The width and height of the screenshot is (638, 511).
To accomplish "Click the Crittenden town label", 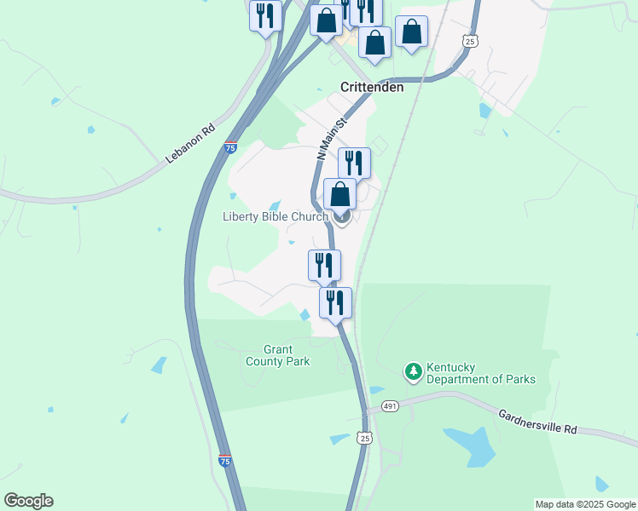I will pos(372,87).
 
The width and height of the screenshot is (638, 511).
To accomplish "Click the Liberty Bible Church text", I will pos(275,216).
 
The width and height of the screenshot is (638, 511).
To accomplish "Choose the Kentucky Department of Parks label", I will pos(481,371).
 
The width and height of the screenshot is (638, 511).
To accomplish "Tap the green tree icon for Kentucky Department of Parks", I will pos(413,371).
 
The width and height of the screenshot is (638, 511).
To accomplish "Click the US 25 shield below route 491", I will pos(365,438).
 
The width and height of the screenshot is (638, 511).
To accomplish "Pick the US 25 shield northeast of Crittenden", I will pos(469,40).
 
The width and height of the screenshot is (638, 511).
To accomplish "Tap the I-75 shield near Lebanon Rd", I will pos(230,147).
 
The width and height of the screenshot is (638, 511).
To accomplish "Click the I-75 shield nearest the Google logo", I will pos(224,460).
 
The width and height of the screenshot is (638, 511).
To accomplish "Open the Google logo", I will pos(28,500).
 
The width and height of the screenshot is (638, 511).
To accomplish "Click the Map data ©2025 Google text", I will pos(585,504).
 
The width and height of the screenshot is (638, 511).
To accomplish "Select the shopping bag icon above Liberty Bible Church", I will pos(339,193).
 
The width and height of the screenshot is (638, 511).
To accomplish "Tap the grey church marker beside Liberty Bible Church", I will pos(342,217).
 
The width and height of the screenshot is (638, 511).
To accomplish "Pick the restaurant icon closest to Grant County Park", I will pos(335,301).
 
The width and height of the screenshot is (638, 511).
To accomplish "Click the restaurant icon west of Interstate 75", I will pos(265,15).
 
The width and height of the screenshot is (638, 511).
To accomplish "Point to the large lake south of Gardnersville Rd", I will pos(471,444).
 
